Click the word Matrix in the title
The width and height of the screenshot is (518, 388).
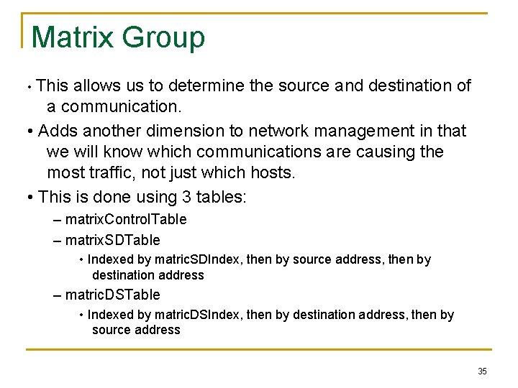coord(71,37)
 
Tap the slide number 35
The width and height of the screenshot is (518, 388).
coord(482,371)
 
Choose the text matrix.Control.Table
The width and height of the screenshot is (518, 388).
coord(125,219)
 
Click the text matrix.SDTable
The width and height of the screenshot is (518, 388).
coord(112,240)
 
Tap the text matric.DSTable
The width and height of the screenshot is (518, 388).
coord(112,295)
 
